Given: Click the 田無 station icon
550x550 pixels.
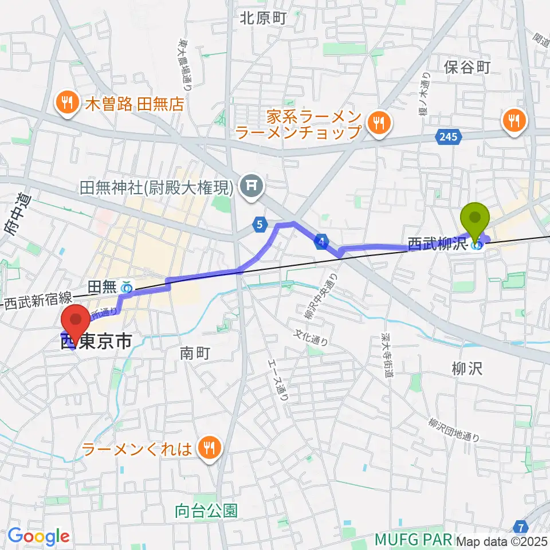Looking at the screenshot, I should (x=127, y=285).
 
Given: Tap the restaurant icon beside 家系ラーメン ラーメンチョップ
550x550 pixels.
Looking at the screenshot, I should (x=378, y=123).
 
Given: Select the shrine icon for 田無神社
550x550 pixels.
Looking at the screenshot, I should (x=250, y=186).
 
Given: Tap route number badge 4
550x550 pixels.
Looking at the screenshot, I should (x=323, y=243).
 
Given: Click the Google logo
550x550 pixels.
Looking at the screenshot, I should (x=38, y=536).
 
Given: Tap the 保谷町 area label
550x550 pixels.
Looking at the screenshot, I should (x=467, y=68).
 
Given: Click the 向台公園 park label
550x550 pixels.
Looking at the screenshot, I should (x=207, y=510).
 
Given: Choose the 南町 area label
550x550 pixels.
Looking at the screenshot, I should (x=191, y=353).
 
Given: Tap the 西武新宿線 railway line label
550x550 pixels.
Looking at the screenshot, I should (x=39, y=300).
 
